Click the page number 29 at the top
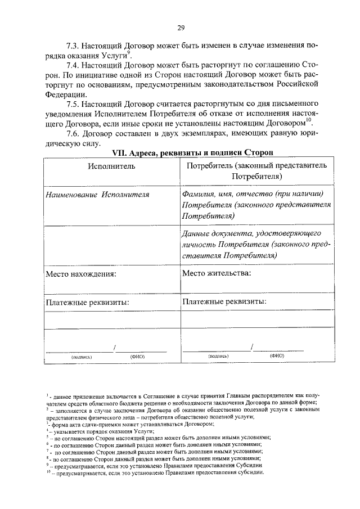click(x=181, y=27)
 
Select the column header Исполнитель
click(x=111, y=167)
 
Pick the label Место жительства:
click(x=217, y=273)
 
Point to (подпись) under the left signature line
click(x=82, y=357)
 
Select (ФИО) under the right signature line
click(x=277, y=356)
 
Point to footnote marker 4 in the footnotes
click(x=48, y=430)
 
